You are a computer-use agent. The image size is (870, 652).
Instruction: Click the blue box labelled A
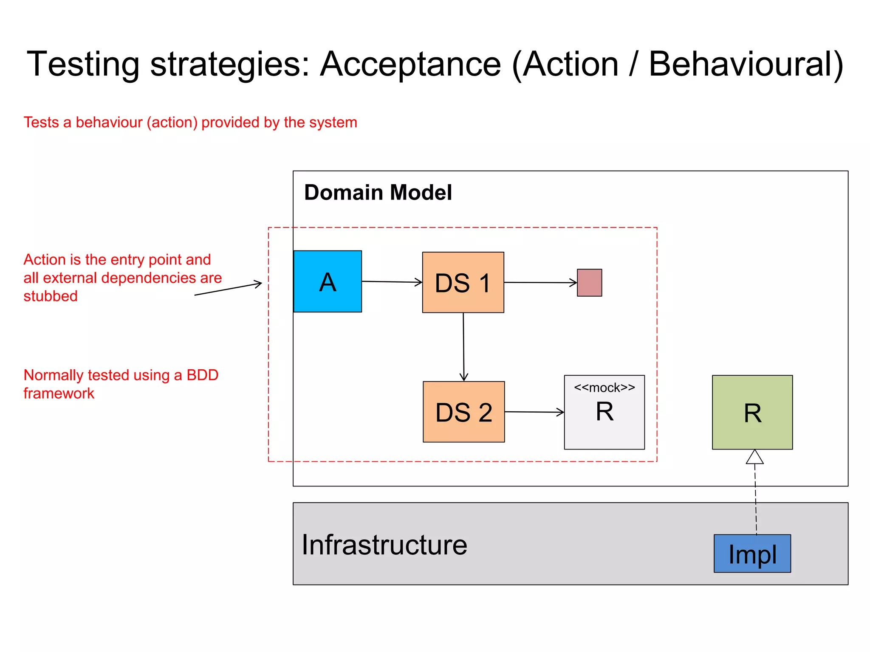(x=328, y=281)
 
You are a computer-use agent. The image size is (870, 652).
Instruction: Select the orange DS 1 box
(x=463, y=282)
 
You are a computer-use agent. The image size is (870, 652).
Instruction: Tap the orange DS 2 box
(x=463, y=412)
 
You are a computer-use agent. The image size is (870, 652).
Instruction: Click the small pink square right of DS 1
(x=589, y=282)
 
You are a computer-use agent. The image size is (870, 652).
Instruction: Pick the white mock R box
(x=604, y=420)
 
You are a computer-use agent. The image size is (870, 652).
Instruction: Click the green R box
(x=752, y=412)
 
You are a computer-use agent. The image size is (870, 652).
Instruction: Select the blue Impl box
(x=752, y=554)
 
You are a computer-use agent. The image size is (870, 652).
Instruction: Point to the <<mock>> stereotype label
(x=604, y=388)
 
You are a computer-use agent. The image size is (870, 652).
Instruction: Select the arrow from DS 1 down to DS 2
(x=463, y=346)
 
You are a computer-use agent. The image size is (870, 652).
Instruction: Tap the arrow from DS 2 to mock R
(x=534, y=412)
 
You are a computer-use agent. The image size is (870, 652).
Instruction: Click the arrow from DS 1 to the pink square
(x=540, y=282)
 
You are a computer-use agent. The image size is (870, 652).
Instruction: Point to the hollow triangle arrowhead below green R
(x=754, y=457)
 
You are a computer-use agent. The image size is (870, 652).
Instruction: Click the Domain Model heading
(x=378, y=192)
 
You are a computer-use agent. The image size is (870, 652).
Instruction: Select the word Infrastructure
(x=384, y=545)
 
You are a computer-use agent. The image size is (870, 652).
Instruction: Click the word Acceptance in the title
(x=410, y=64)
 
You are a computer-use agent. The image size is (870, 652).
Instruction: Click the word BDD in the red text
(x=202, y=375)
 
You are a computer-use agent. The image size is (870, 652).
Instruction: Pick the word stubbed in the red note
(x=50, y=296)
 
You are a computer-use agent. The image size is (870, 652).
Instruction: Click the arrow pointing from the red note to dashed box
(x=228, y=289)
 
